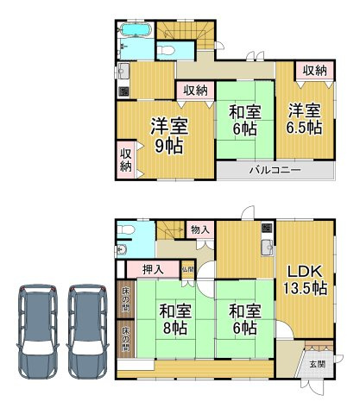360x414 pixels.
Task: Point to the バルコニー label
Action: click(x=275, y=170)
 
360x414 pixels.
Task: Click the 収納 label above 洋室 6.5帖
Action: click(x=313, y=71)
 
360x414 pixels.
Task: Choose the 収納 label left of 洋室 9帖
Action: click(x=125, y=160)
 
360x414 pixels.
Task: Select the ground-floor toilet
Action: click(x=125, y=231)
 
